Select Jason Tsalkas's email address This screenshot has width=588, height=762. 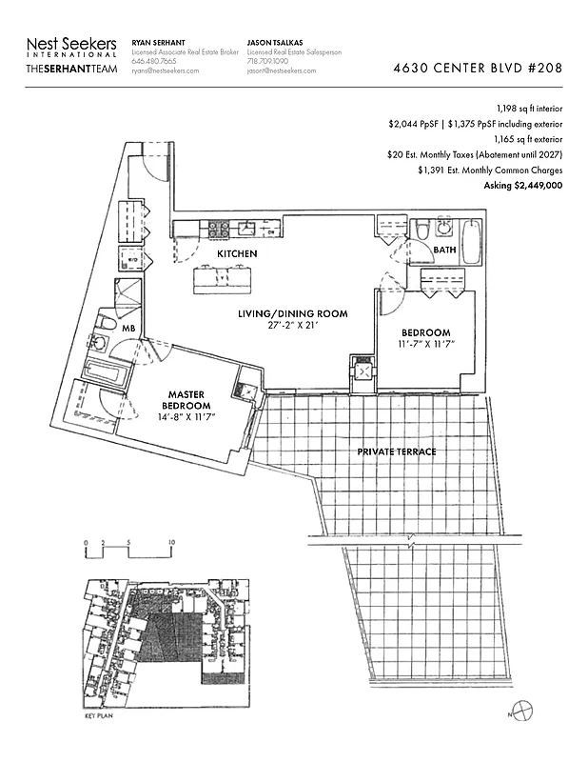(x=282, y=71)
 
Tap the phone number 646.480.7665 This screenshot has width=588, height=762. (x=154, y=62)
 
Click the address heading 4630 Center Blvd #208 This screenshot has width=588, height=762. (x=477, y=70)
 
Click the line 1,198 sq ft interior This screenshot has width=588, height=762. (x=529, y=109)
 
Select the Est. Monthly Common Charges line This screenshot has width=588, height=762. (x=489, y=170)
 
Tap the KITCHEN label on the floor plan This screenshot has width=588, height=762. (x=237, y=255)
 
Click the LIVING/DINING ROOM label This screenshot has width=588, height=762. (x=292, y=313)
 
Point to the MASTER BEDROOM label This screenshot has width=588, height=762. (x=188, y=400)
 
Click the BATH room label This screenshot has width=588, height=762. (x=444, y=251)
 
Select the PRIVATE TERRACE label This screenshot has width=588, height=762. (x=397, y=451)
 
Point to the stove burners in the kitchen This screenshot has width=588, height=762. (x=217, y=229)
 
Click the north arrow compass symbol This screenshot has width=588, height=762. (x=521, y=710)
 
